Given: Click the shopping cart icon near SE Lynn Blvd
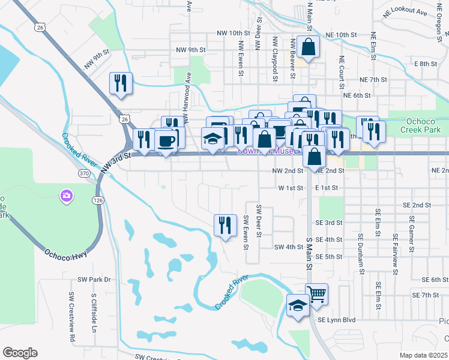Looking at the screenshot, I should [316, 294].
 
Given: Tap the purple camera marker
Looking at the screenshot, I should [66, 196].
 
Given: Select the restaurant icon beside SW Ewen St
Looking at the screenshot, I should [225, 225].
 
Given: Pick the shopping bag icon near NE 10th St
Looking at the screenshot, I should [308, 47].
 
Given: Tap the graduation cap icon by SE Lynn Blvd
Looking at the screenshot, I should [298, 305].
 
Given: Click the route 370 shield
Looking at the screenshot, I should [84, 173].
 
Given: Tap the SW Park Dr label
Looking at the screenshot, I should [95, 280].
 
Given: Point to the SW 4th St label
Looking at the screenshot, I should [289, 247].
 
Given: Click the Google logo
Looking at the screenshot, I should [20, 352].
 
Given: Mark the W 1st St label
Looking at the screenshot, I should [291, 188].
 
